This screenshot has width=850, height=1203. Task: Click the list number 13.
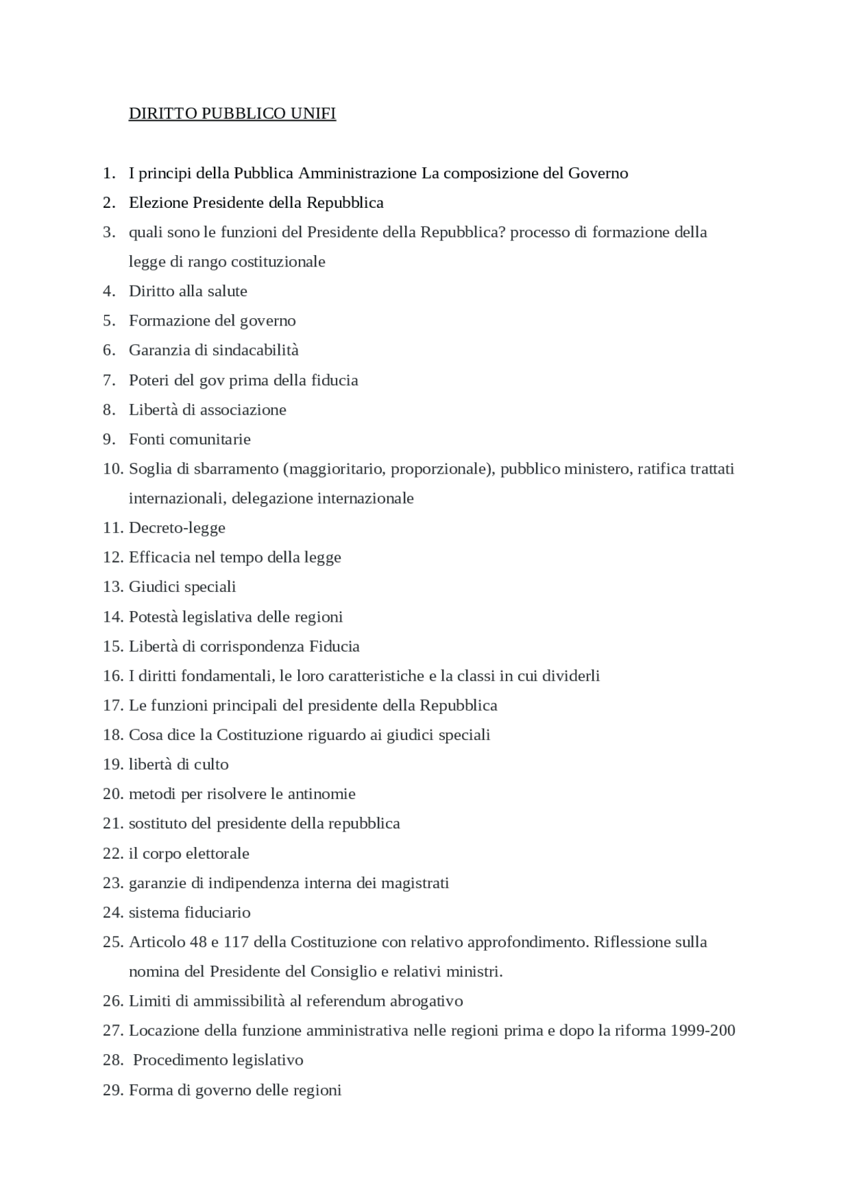point(112,587)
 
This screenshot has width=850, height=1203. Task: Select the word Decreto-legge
point(177,528)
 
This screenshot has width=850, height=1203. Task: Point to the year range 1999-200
point(703,1031)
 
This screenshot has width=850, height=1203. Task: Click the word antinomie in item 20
point(321,794)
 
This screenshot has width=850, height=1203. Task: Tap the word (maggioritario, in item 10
point(335,469)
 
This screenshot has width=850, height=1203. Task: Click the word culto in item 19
point(212,765)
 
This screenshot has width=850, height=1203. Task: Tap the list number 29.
point(112,1090)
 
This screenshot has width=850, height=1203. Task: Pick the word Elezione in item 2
point(158,203)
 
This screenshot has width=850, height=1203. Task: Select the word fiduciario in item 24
point(217,913)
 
